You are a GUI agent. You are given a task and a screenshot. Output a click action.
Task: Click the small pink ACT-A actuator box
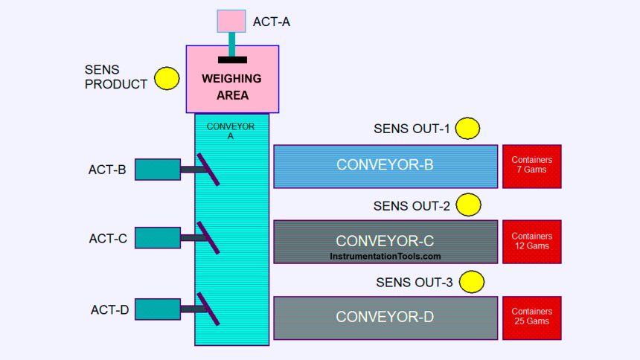pyautogui.click(x=231, y=21)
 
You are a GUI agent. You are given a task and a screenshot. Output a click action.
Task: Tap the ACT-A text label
pyautogui.click(x=272, y=22)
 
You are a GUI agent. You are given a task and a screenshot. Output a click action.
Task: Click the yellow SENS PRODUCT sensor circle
pyautogui.click(x=167, y=78)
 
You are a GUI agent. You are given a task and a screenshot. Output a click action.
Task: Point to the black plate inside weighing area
pyautogui.click(x=232, y=60)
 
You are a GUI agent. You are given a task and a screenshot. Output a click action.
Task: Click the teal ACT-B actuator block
pyautogui.click(x=158, y=170)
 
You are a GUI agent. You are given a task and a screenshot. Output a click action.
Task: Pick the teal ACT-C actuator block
pyautogui.click(x=158, y=238)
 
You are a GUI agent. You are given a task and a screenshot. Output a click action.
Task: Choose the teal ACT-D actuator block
pyautogui.click(x=158, y=309)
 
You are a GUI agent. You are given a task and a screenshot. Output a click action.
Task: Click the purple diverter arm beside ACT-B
pyautogui.click(x=208, y=170)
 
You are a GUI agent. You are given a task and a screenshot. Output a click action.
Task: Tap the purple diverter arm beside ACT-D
pyautogui.click(x=208, y=309)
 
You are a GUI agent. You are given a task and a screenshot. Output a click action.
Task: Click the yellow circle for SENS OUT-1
pyautogui.click(x=467, y=129)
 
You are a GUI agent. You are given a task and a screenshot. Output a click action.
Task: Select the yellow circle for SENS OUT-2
pyautogui.click(x=468, y=205)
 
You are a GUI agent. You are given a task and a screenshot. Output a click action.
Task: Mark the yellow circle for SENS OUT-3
pyautogui.click(x=472, y=282)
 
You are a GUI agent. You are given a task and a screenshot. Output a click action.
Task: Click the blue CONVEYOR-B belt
pyautogui.click(x=385, y=166)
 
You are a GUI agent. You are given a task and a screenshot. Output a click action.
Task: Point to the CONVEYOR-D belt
pyautogui.click(x=385, y=318)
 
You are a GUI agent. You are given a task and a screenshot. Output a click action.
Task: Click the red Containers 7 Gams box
pyautogui.click(x=532, y=166)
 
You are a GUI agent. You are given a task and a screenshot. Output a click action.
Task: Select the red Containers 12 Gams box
pyautogui.click(x=532, y=241)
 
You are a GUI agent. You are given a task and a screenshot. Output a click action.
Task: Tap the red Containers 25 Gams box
pyautogui.click(x=532, y=317)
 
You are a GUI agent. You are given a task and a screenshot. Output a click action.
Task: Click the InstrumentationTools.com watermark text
pyautogui.click(x=385, y=257)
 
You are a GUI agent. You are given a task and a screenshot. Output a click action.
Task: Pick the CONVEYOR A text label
pyautogui.click(x=231, y=131)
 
